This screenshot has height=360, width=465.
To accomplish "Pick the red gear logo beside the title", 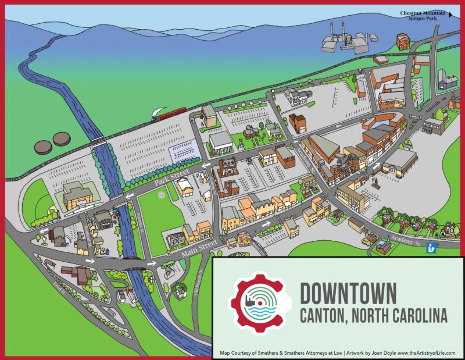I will coord(260,302).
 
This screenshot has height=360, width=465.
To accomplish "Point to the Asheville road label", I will coord(417,109).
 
